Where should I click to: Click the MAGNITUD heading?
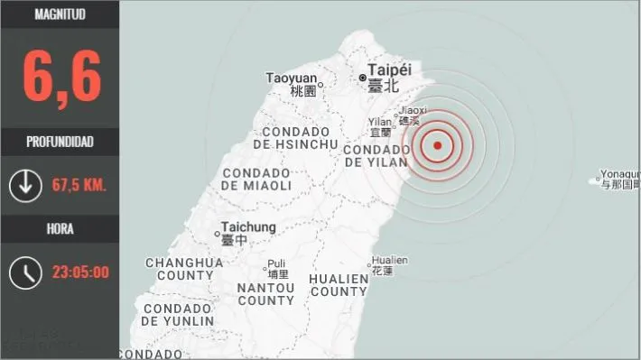pos(60,14)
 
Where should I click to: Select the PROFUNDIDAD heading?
pos(60,142)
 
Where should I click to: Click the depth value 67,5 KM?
pos(79,185)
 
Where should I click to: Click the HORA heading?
pos(60,228)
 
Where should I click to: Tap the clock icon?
pos(24,272)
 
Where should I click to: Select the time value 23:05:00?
pos(79,272)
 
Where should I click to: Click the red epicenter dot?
pos(437,145)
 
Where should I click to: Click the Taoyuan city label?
pos(292,78)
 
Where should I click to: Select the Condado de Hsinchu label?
pos(295,137)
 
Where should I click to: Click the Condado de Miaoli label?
pos(256,179)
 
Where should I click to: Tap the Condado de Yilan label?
pos(378,154)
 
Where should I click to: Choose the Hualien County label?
pos(339,285)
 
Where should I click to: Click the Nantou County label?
pos(265,293)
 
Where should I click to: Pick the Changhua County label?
pos(184,269)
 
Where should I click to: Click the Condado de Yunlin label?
pos(178,314)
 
